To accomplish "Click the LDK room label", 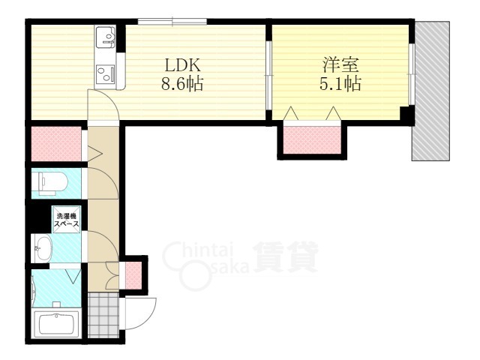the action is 183,65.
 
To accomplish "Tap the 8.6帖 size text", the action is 182,83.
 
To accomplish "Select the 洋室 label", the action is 340,65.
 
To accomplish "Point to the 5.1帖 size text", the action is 340,83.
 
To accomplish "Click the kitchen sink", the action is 105,37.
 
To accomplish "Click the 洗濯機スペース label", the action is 67,220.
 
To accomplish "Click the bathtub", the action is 56,325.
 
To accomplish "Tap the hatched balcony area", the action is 431,91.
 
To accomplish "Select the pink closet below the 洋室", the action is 312,140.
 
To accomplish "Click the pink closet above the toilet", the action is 57,144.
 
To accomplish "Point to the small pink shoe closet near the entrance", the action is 133,275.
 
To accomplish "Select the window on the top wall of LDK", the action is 172,22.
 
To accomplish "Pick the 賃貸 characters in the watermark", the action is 285,257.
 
